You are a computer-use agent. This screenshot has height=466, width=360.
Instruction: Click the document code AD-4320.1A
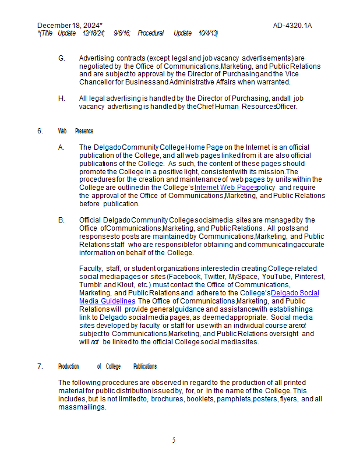click(x=292, y=26)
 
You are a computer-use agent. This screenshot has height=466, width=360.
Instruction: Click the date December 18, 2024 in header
click(x=69, y=26)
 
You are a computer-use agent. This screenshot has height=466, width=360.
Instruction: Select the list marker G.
click(x=61, y=58)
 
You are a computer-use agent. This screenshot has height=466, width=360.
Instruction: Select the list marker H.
click(x=61, y=98)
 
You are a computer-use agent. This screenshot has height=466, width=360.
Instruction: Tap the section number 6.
click(x=40, y=131)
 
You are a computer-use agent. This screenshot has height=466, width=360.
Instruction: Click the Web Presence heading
click(x=75, y=131)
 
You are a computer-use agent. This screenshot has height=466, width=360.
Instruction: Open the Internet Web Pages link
click(x=225, y=188)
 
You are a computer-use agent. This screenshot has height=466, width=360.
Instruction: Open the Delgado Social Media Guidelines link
click(x=295, y=292)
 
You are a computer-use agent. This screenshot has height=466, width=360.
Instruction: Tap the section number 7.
click(x=40, y=366)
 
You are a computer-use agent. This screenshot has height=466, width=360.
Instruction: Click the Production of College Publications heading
click(x=107, y=366)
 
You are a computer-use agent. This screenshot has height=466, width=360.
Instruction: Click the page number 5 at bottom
click(x=174, y=440)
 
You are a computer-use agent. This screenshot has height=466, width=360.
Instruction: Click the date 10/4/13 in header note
click(x=208, y=33)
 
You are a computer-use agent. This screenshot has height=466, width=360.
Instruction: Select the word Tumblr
click(x=90, y=284)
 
